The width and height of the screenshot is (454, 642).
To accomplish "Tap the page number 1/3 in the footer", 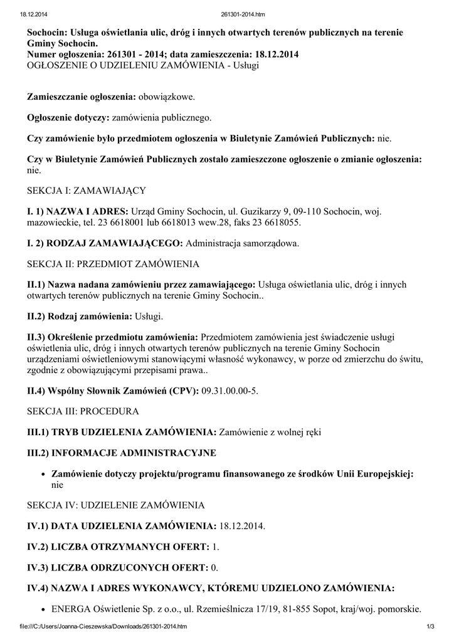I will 430,626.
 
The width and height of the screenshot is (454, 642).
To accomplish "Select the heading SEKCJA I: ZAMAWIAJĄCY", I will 87,189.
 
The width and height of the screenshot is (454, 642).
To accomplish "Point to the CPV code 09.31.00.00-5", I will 230,391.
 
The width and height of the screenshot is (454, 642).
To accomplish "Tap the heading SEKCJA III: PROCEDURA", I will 82,411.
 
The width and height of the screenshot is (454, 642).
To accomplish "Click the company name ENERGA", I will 71,608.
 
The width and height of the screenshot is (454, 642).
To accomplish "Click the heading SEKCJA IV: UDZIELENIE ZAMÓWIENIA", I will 115,505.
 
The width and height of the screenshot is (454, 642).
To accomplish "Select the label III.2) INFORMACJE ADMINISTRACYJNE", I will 121,452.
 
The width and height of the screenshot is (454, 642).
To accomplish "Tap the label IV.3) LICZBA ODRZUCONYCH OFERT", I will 117,567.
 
